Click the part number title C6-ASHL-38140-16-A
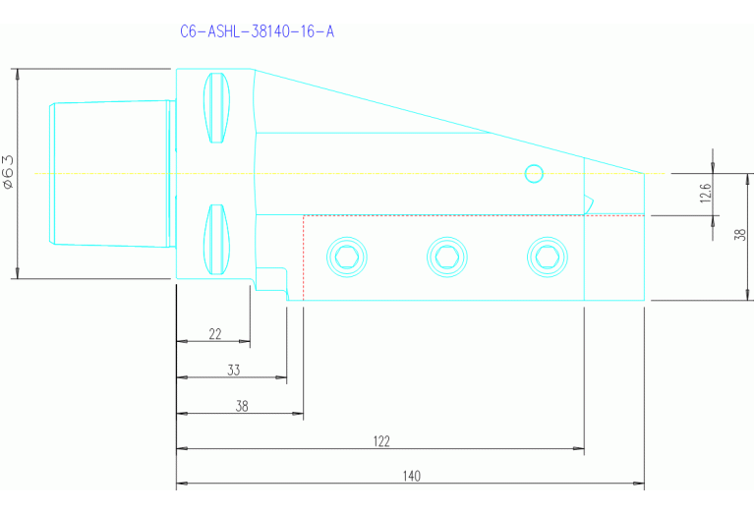(x=257, y=31)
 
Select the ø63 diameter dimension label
(x=8, y=172)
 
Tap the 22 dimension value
(x=214, y=334)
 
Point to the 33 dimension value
(x=233, y=371)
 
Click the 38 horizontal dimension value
(x=242, y=406)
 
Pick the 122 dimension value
(x=382, y=441)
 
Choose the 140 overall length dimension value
(x=411, y=476)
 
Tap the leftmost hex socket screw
(x=346, y=257)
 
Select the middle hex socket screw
(x=445, y=257)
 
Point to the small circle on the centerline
(x=534, y=174)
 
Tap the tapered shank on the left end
(x=108, y=173)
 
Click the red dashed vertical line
(x=304, y=257)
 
